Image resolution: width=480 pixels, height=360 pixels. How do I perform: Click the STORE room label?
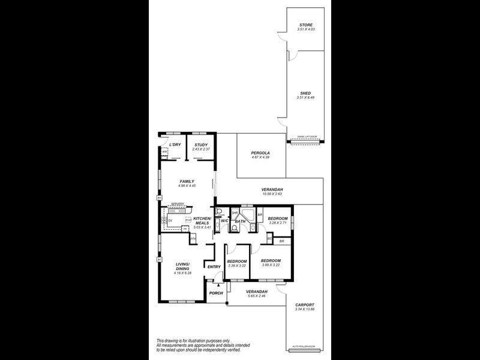click(306, 25)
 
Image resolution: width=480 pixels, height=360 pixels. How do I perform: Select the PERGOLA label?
click(261, 153)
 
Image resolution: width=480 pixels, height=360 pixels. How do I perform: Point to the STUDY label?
click(200, 145)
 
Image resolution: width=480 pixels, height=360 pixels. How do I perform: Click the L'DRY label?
click(175, 145)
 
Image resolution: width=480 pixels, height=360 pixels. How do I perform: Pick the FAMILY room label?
click(187, 181)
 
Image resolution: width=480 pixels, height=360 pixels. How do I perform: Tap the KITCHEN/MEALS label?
click(201, 221)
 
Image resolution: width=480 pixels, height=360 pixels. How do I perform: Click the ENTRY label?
click(214, 266)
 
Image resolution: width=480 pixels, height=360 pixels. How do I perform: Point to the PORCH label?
click(215, 293)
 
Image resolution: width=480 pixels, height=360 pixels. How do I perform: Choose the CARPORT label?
click(305, 304)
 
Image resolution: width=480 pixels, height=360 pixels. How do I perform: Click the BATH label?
click(241, 221)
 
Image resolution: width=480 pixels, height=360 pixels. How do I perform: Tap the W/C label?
click(224, 221)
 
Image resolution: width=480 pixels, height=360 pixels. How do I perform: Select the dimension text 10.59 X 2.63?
click(272, 194)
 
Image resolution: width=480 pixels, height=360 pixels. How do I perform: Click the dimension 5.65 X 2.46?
click(256, 295)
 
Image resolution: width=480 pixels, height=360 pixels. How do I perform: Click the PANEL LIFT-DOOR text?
click(307, 137)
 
